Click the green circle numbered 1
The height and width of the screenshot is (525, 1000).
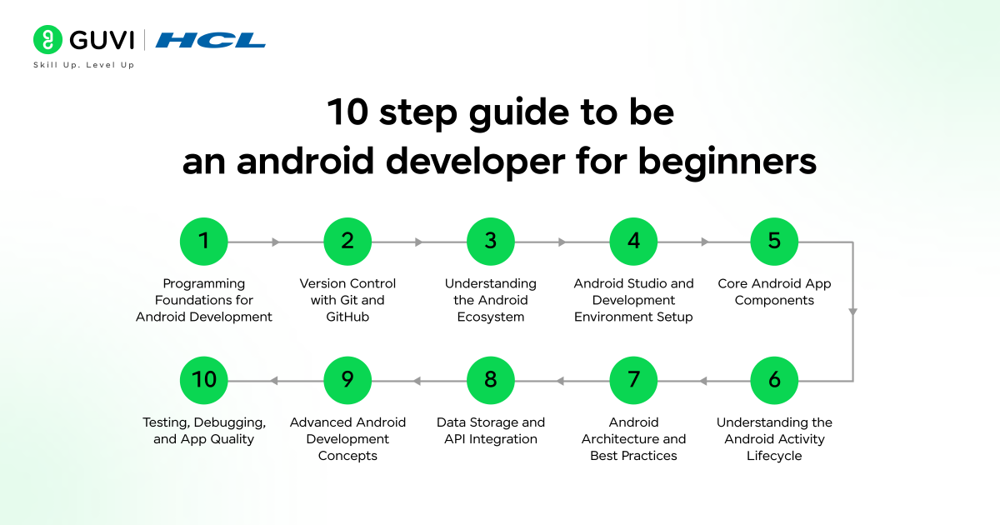[x=204, y=242]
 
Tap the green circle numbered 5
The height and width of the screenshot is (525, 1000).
[x=774, y=242]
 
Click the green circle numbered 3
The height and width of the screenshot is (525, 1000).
[x=490, y=242]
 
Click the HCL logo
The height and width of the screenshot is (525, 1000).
[x=210, y=40]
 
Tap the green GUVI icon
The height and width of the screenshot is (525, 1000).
[x=48, y=40]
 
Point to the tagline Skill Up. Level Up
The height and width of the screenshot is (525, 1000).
[x=83, y=65]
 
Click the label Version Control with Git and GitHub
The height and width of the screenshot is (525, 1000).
[x=347, y=300]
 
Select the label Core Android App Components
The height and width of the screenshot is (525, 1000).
[x=774, y=292]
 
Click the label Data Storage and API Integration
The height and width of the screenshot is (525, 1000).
[x=490, y=431]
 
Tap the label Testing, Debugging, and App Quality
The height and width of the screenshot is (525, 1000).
[x=204, y=431]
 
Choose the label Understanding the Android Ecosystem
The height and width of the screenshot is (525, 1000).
[x=490, y=300]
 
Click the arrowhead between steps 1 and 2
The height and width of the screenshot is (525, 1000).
[x=277, y=242]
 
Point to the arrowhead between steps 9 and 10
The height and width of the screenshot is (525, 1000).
[x=273, y=382]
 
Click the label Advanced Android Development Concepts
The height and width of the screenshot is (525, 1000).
[x=347, y=439]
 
